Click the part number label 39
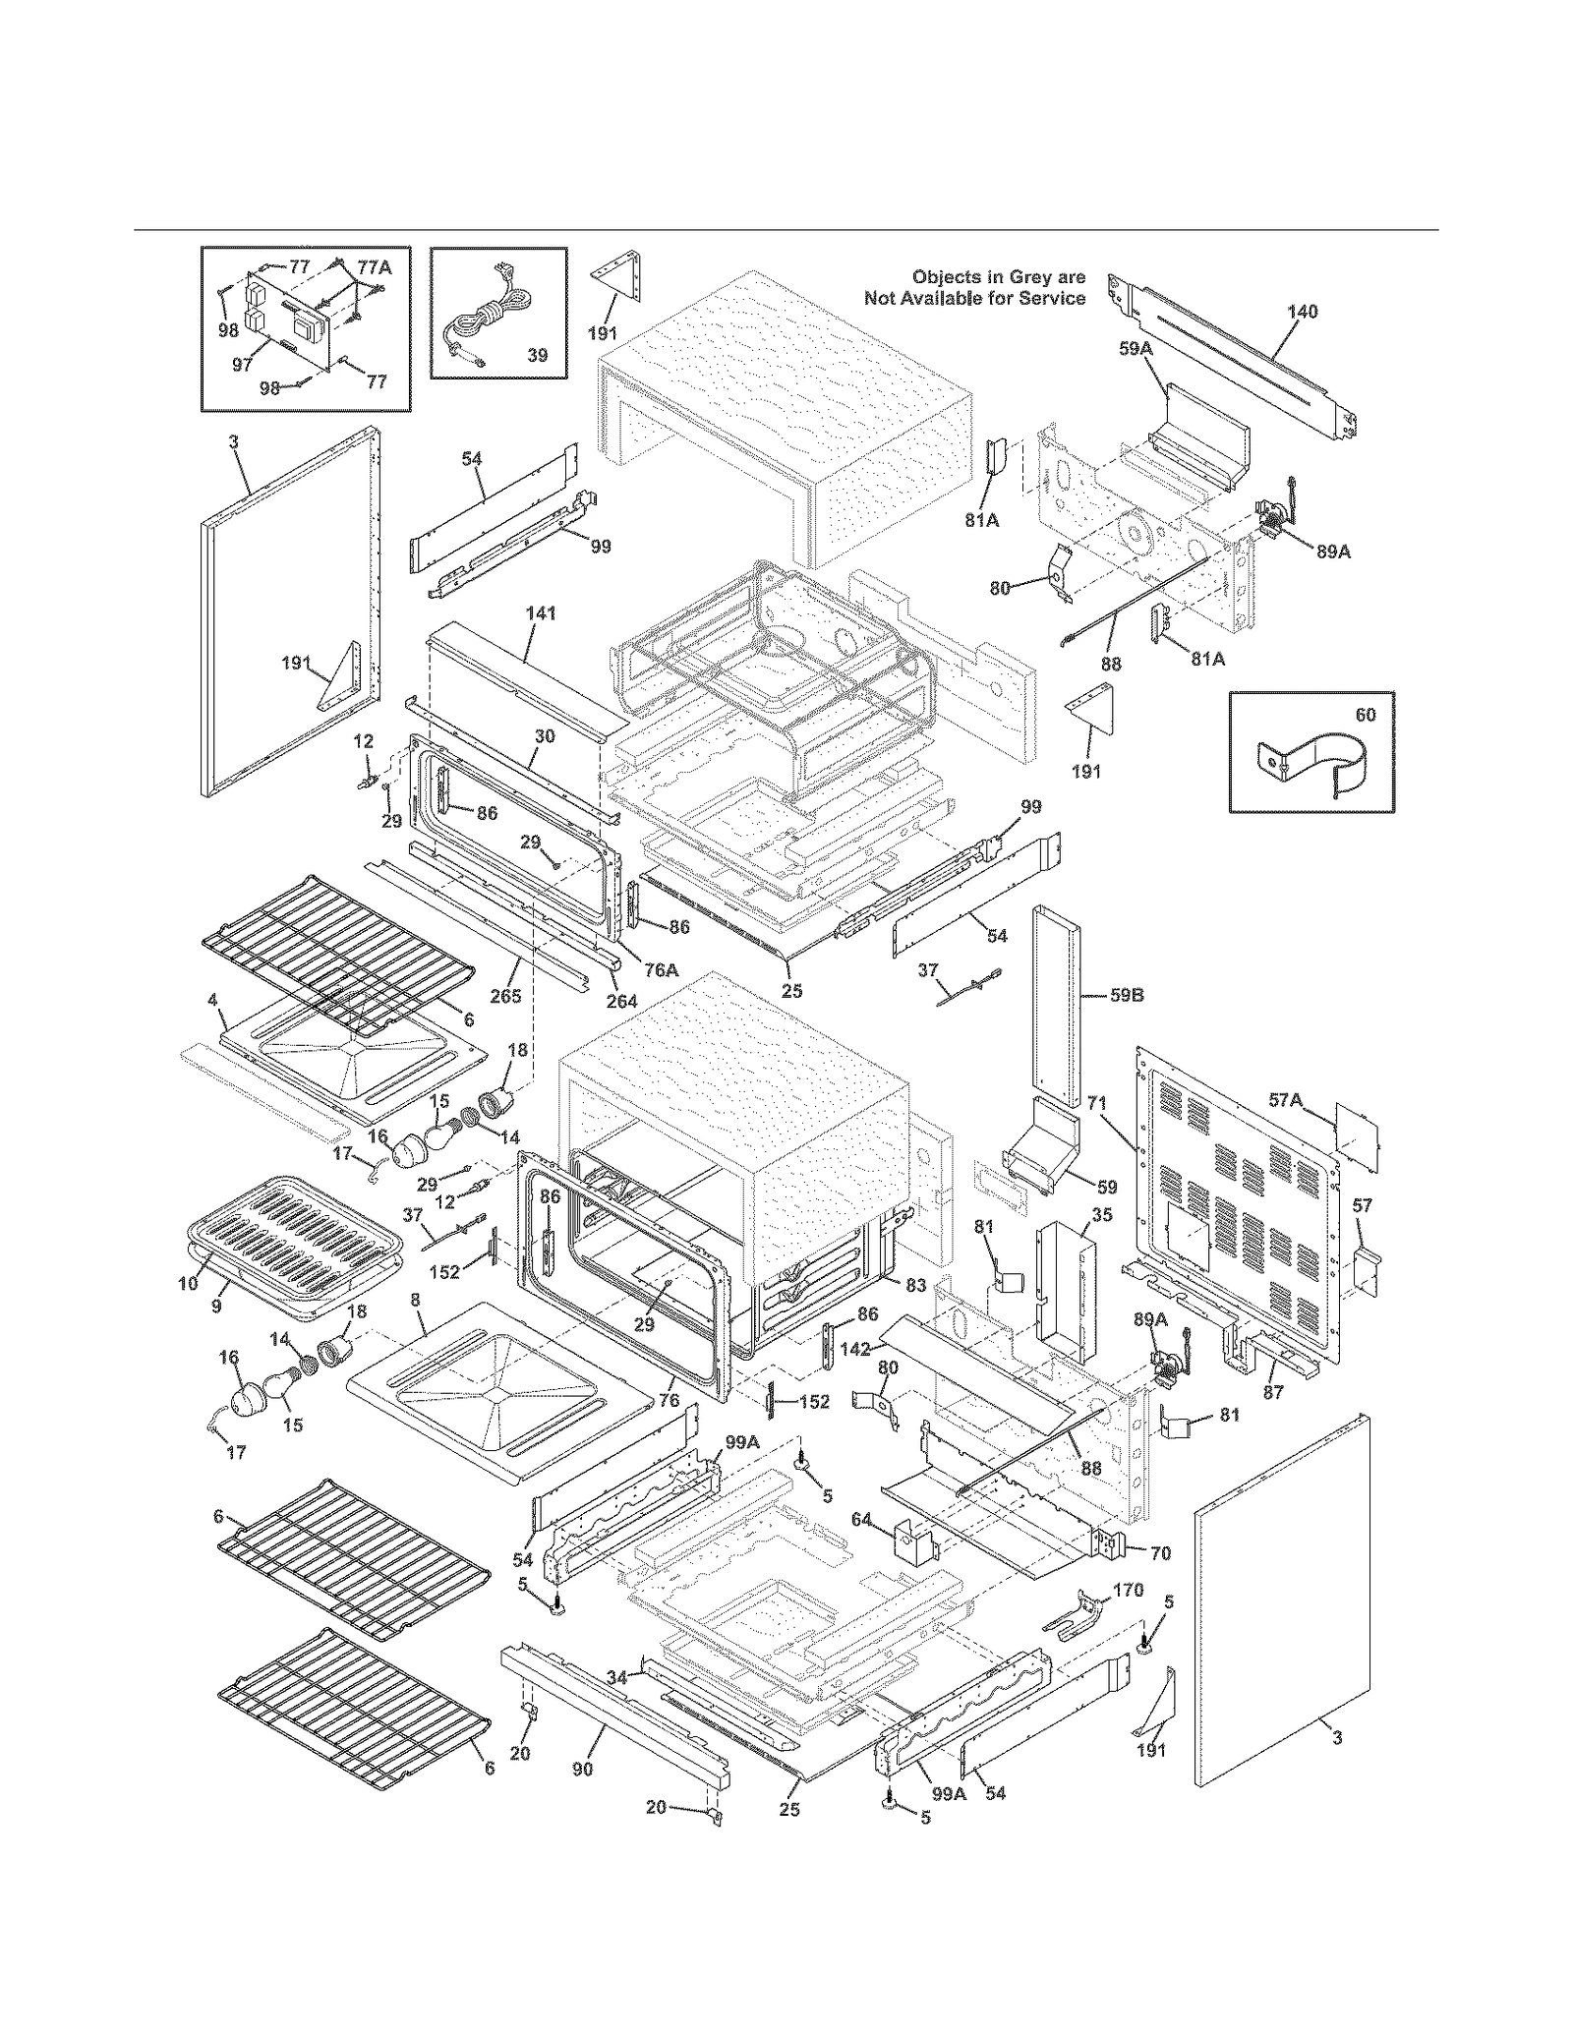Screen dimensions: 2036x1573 [537, 355]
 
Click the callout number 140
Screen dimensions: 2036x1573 [1302, 312]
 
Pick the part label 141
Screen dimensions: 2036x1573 [541, 613]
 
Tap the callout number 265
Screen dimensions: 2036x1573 [506, 996]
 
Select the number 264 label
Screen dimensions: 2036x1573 [621, 1001]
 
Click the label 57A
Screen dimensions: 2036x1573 [1285, 1101]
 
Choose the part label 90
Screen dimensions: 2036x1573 [583, 1769]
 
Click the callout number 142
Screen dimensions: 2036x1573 [855, 1349]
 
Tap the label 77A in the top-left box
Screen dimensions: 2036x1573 [374, 266]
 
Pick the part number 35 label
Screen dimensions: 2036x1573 [1102, 1214]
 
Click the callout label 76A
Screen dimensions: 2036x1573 [661, 969]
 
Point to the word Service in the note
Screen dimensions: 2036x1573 [1052, 298]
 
